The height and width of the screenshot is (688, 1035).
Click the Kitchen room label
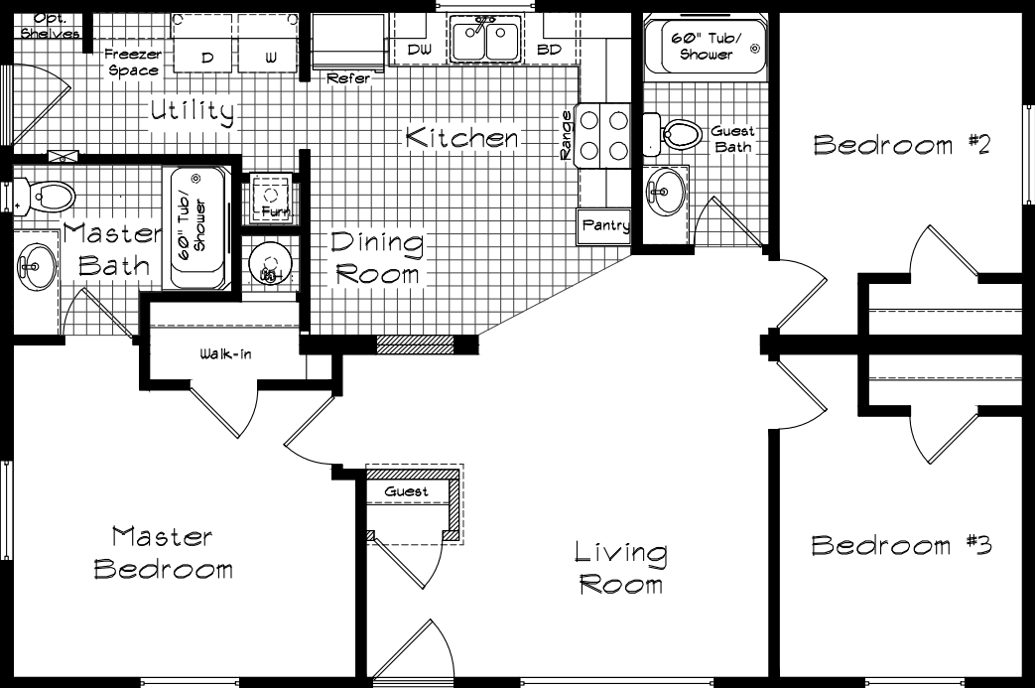point(461,138)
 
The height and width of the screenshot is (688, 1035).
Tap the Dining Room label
point(377,257)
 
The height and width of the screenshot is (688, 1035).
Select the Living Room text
point(621,567)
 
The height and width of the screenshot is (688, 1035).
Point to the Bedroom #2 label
point(902,145)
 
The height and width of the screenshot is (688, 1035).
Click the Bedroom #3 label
point(900,545)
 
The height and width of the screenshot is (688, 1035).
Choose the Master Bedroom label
point(163,553)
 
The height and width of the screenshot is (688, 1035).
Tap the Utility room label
point(192,112)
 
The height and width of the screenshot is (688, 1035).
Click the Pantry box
point(604,226)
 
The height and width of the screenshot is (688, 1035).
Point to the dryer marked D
point(206,47)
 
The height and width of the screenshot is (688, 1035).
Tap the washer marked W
point(271,47)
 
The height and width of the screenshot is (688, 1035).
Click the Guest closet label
point(407,491)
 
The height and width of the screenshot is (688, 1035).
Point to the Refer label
point(347,76)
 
